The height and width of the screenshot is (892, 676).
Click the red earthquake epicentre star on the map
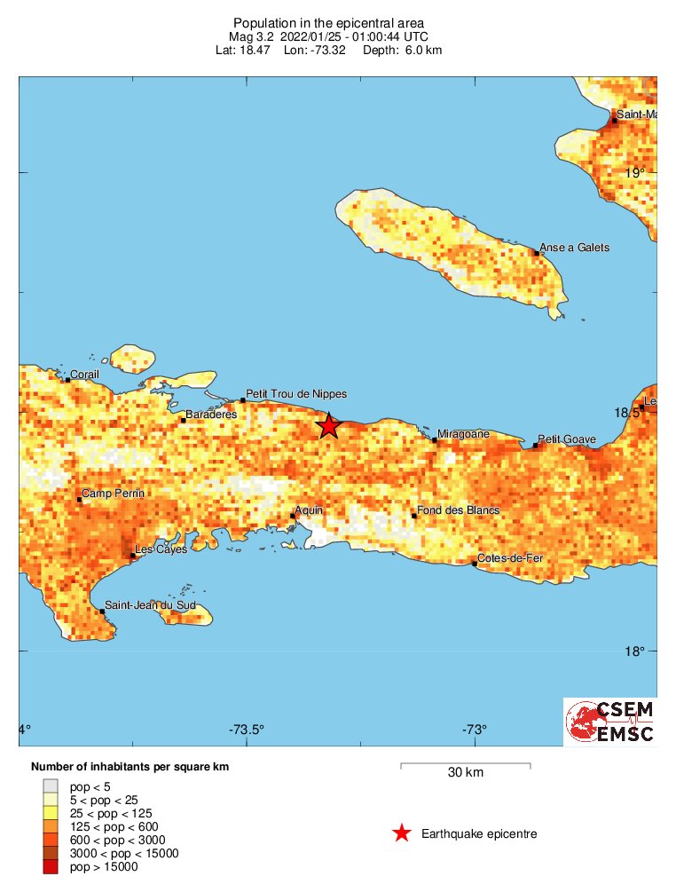point(328,426)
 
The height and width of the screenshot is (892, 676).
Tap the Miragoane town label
point(464,434)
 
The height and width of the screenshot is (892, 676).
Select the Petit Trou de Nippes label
point(296,394)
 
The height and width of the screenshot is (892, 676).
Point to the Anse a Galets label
point(575,248)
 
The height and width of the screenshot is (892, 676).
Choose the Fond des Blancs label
point(459,510)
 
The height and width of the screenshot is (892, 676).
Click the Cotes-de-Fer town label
point(510,558)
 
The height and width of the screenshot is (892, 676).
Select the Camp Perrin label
point(113,493)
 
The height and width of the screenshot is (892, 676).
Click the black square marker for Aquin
point(293,516)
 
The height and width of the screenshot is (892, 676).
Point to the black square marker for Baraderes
point(184,420)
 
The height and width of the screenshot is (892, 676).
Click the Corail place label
point(85,375)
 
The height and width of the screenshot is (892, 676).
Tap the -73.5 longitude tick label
point(247,730)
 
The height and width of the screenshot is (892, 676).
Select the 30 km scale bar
point(466,764)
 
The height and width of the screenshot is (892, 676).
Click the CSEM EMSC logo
point(610,722)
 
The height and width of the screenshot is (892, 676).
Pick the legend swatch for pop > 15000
point(51,867)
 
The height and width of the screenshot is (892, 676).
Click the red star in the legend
point(402,833)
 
